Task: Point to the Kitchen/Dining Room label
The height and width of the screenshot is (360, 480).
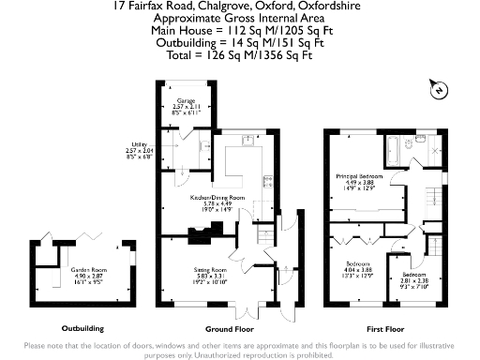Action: pyautogui.click(x=217, y=199)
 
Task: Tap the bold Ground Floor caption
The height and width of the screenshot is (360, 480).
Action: pyautogui.click(x=229, y=329)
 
